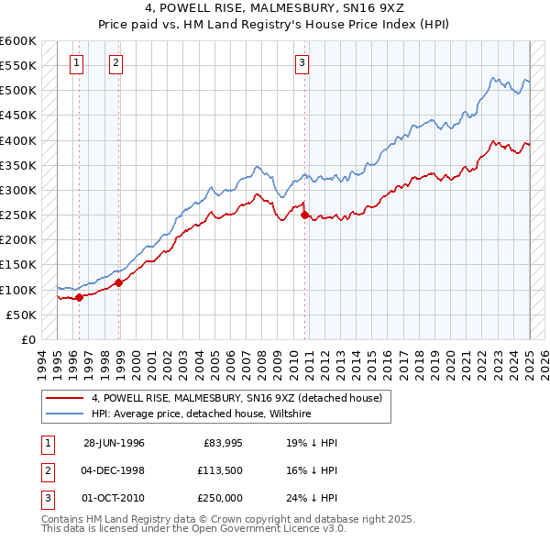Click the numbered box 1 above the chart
click(x=75, y=63)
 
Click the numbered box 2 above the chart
click(x=116, y=63)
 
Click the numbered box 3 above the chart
click(x=302, y=63)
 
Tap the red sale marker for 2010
click(x=304, y=215)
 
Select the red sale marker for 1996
click(x=80, y=297)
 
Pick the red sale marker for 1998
click(x=119, y=282)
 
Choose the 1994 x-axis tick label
click(x=43, y=362)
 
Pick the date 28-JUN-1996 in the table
click(x=114, y=442)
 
